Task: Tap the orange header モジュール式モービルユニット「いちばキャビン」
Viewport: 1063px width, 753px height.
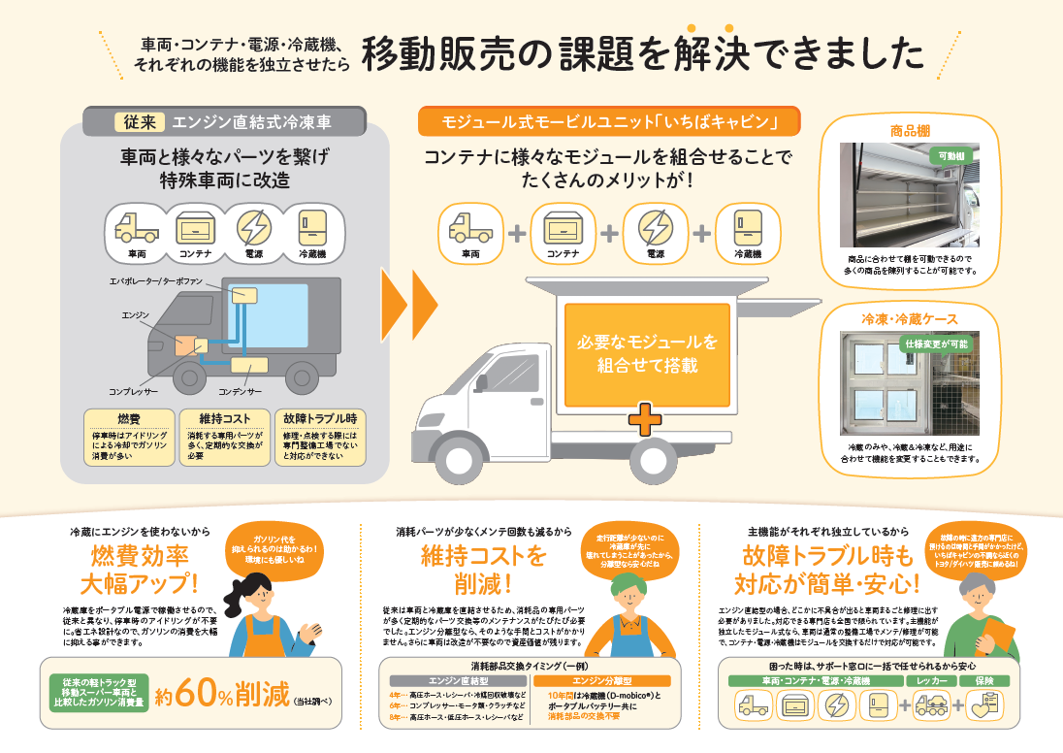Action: tap(611, 122)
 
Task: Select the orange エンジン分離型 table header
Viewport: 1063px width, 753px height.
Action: tap(601, 681)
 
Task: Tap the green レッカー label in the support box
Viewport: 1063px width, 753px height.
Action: tap(932, 681)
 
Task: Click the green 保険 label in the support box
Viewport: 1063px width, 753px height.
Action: tap(985, 681)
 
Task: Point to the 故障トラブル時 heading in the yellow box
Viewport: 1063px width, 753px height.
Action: tap(320, 418)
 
